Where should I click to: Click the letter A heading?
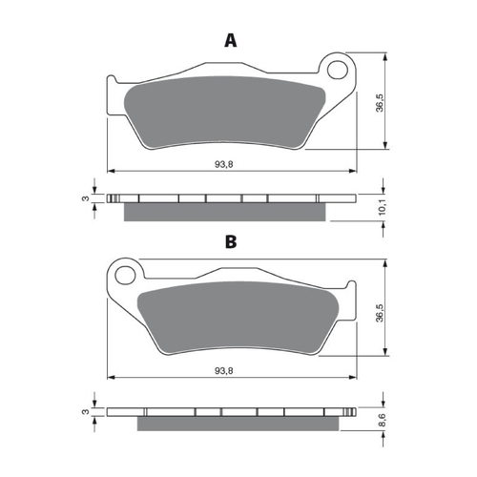point(229,40)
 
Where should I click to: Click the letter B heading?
point(230,242)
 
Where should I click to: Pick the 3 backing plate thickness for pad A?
point(85,198)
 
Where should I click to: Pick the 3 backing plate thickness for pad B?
point(85,412)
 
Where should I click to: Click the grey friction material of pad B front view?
point(238,315)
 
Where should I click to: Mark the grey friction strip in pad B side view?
point(238,423)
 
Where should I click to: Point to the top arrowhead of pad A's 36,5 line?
point(386,54)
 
